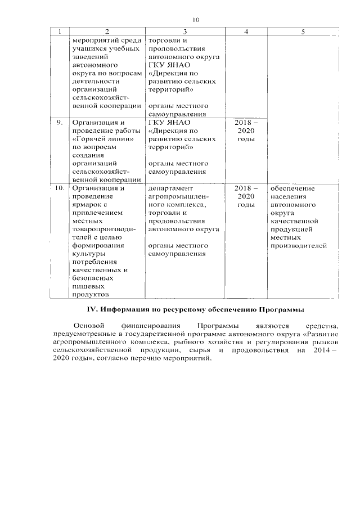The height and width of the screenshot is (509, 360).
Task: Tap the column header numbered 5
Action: click(303, 32)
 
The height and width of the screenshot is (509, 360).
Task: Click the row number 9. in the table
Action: click(58, 123)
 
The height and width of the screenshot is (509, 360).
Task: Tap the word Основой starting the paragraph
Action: click(89, 326)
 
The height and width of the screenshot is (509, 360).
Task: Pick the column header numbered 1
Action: click(60, 32)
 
